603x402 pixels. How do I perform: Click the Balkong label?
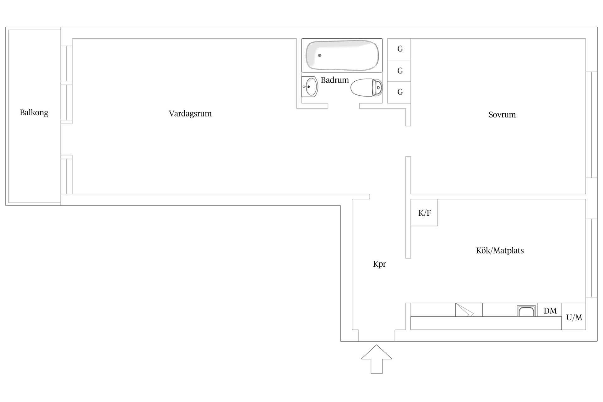point(34,112)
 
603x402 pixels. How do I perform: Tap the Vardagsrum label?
point(190,113)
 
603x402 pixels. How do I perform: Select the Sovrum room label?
point(502,115)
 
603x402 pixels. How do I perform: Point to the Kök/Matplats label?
point(500,250)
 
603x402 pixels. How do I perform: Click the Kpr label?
point(379,264)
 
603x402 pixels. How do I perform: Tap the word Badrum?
point(334,80)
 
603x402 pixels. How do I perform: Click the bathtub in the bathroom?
point(342,55)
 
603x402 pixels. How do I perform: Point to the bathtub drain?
point(320,55)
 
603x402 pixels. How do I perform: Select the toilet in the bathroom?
point(367,87)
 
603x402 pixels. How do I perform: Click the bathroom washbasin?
point(310,86)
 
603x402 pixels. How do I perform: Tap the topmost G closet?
point(399,49)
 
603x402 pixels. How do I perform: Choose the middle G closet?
point(399,71)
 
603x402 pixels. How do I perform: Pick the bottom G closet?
point(399,92)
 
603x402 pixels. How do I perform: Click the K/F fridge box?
point(424,213)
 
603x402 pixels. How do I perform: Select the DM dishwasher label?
point(550,311)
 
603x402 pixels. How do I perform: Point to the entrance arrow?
point(377,359)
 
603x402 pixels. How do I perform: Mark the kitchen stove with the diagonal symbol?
point(469,310)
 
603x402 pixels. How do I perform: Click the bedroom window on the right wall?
point(591,125)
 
